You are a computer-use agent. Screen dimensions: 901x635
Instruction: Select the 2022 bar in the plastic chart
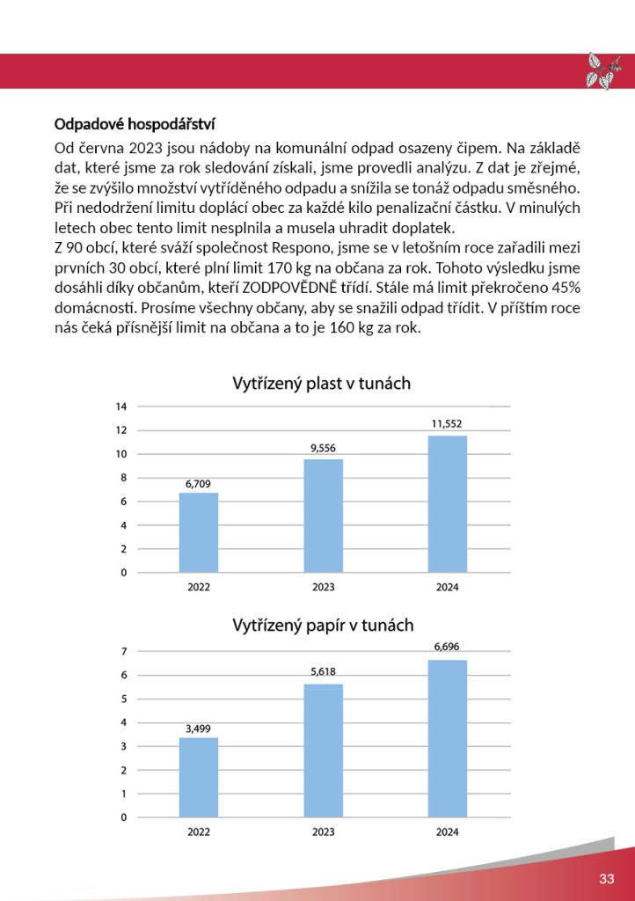tap(198, 532)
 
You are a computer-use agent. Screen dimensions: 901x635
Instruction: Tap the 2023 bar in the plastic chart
tap(323, 516)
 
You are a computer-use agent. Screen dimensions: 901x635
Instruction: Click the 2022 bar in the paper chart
tap(198, 777)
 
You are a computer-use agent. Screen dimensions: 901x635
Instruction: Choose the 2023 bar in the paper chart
tap(323, 751)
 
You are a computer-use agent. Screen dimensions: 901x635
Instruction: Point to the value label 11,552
tap(447, 423)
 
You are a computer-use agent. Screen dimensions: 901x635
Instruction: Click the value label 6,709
tap(198, 483)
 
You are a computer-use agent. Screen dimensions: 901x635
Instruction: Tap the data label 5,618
tap(323, 671)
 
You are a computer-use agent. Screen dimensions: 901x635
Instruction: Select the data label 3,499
tap(198, 728)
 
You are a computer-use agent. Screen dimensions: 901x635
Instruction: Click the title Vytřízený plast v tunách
tap(321, 384)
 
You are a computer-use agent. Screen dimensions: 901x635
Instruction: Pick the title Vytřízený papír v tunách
tap(323, 626)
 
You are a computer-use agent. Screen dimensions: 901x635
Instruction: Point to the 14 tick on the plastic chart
tap(122, 407)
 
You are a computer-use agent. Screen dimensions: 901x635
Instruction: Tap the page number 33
tap(607, 879)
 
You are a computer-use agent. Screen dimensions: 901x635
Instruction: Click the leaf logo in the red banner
tap(603, 70)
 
